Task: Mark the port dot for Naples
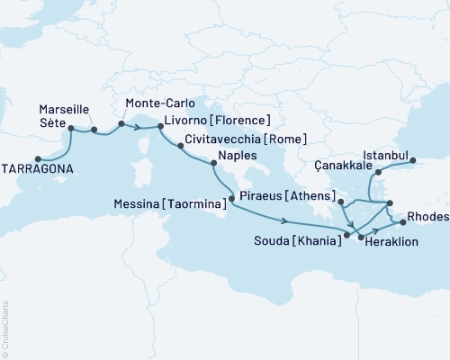point(212,163)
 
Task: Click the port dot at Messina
point(231,198)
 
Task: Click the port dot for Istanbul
point(414,163)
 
